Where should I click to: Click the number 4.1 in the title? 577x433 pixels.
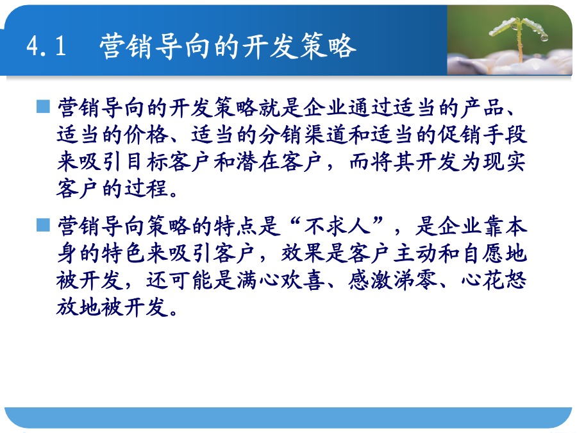pyautogui.click(x=46, y=46)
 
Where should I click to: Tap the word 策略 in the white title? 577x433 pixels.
pyautogui.click(x=327, y=46)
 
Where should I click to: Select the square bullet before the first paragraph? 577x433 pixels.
pyautogui.click(x=43, y=106)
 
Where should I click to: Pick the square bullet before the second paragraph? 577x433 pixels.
pyautogui.click(x=43, y=225)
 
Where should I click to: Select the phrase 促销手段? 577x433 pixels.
pyautogui.click(x=482, y=135)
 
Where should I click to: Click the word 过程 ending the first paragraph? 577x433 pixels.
pyautogui.click(x=146, y=188)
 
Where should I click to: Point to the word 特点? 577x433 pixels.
pyautogui.click(x=236, y=226)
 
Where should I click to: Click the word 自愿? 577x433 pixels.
pyautogui.click(x=482, y=253)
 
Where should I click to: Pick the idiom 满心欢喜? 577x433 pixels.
pyautogui.click(x=281, y=280)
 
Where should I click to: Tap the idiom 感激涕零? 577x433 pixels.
pyautogui.click(x=392, y=280)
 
